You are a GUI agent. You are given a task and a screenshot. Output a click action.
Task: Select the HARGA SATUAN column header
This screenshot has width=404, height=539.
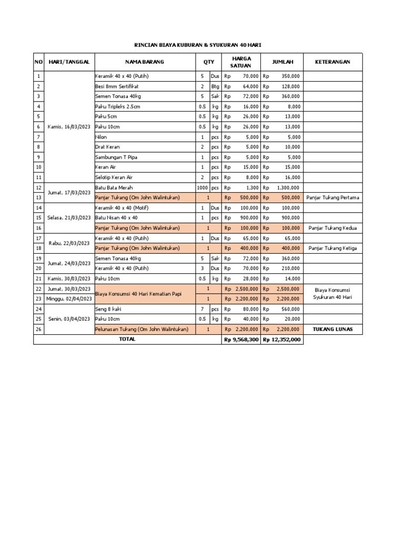click(x=241, y=62)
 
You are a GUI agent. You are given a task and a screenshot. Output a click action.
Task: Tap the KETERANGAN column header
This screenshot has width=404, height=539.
click(x=332, y=62)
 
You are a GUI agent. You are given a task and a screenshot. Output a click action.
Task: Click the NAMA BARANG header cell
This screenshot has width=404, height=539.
click(x=145, y=62)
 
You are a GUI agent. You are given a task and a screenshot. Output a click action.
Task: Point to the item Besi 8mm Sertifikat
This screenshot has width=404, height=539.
click(x=117, y=86)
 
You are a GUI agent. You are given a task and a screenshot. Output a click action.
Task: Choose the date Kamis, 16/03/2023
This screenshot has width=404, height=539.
click(x=69, y=126)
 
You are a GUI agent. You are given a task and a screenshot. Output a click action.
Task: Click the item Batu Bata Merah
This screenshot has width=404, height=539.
click(x=114, y=187)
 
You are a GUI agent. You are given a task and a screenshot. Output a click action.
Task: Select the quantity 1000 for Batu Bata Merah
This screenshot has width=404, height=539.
click(x=203, y=187)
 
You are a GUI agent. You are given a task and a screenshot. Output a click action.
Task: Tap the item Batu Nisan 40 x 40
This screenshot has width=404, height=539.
click(x=116, y=217)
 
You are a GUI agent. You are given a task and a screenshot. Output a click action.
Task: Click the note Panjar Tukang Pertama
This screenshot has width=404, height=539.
click(x=332, y=197)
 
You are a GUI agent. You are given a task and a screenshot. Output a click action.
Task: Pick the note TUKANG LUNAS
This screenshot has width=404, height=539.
click(x=332, y=329)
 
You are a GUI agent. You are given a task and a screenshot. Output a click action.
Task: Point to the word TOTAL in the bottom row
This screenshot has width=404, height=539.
click(x=127, y=339)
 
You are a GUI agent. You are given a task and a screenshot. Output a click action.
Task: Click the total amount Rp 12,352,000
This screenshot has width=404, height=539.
click(x=282, y=340)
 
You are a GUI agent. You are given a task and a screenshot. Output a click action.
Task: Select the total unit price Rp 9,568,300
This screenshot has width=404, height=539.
click(x=241, y=340)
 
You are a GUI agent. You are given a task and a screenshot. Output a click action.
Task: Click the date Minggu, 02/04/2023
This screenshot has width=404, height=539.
click(x=69, y=298)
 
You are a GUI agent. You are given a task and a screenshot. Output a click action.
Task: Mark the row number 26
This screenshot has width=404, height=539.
click(x=38, y=329)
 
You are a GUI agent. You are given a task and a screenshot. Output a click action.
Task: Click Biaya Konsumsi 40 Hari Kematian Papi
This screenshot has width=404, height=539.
click(x=138, y=294)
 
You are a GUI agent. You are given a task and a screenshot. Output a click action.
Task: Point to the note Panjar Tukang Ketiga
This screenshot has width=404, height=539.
click(x=332, y=248)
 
